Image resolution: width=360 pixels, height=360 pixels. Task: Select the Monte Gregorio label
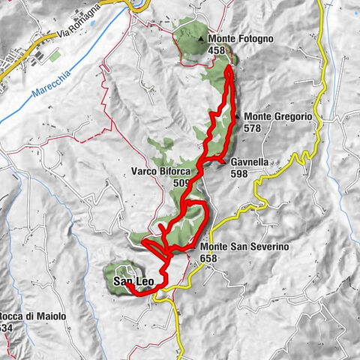click(277, 117)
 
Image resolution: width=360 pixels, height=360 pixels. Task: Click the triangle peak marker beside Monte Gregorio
click(237, 117)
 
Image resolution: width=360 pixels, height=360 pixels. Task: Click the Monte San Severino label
click(244, 247)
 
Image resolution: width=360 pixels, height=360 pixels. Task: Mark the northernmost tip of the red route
click(228, 67)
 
